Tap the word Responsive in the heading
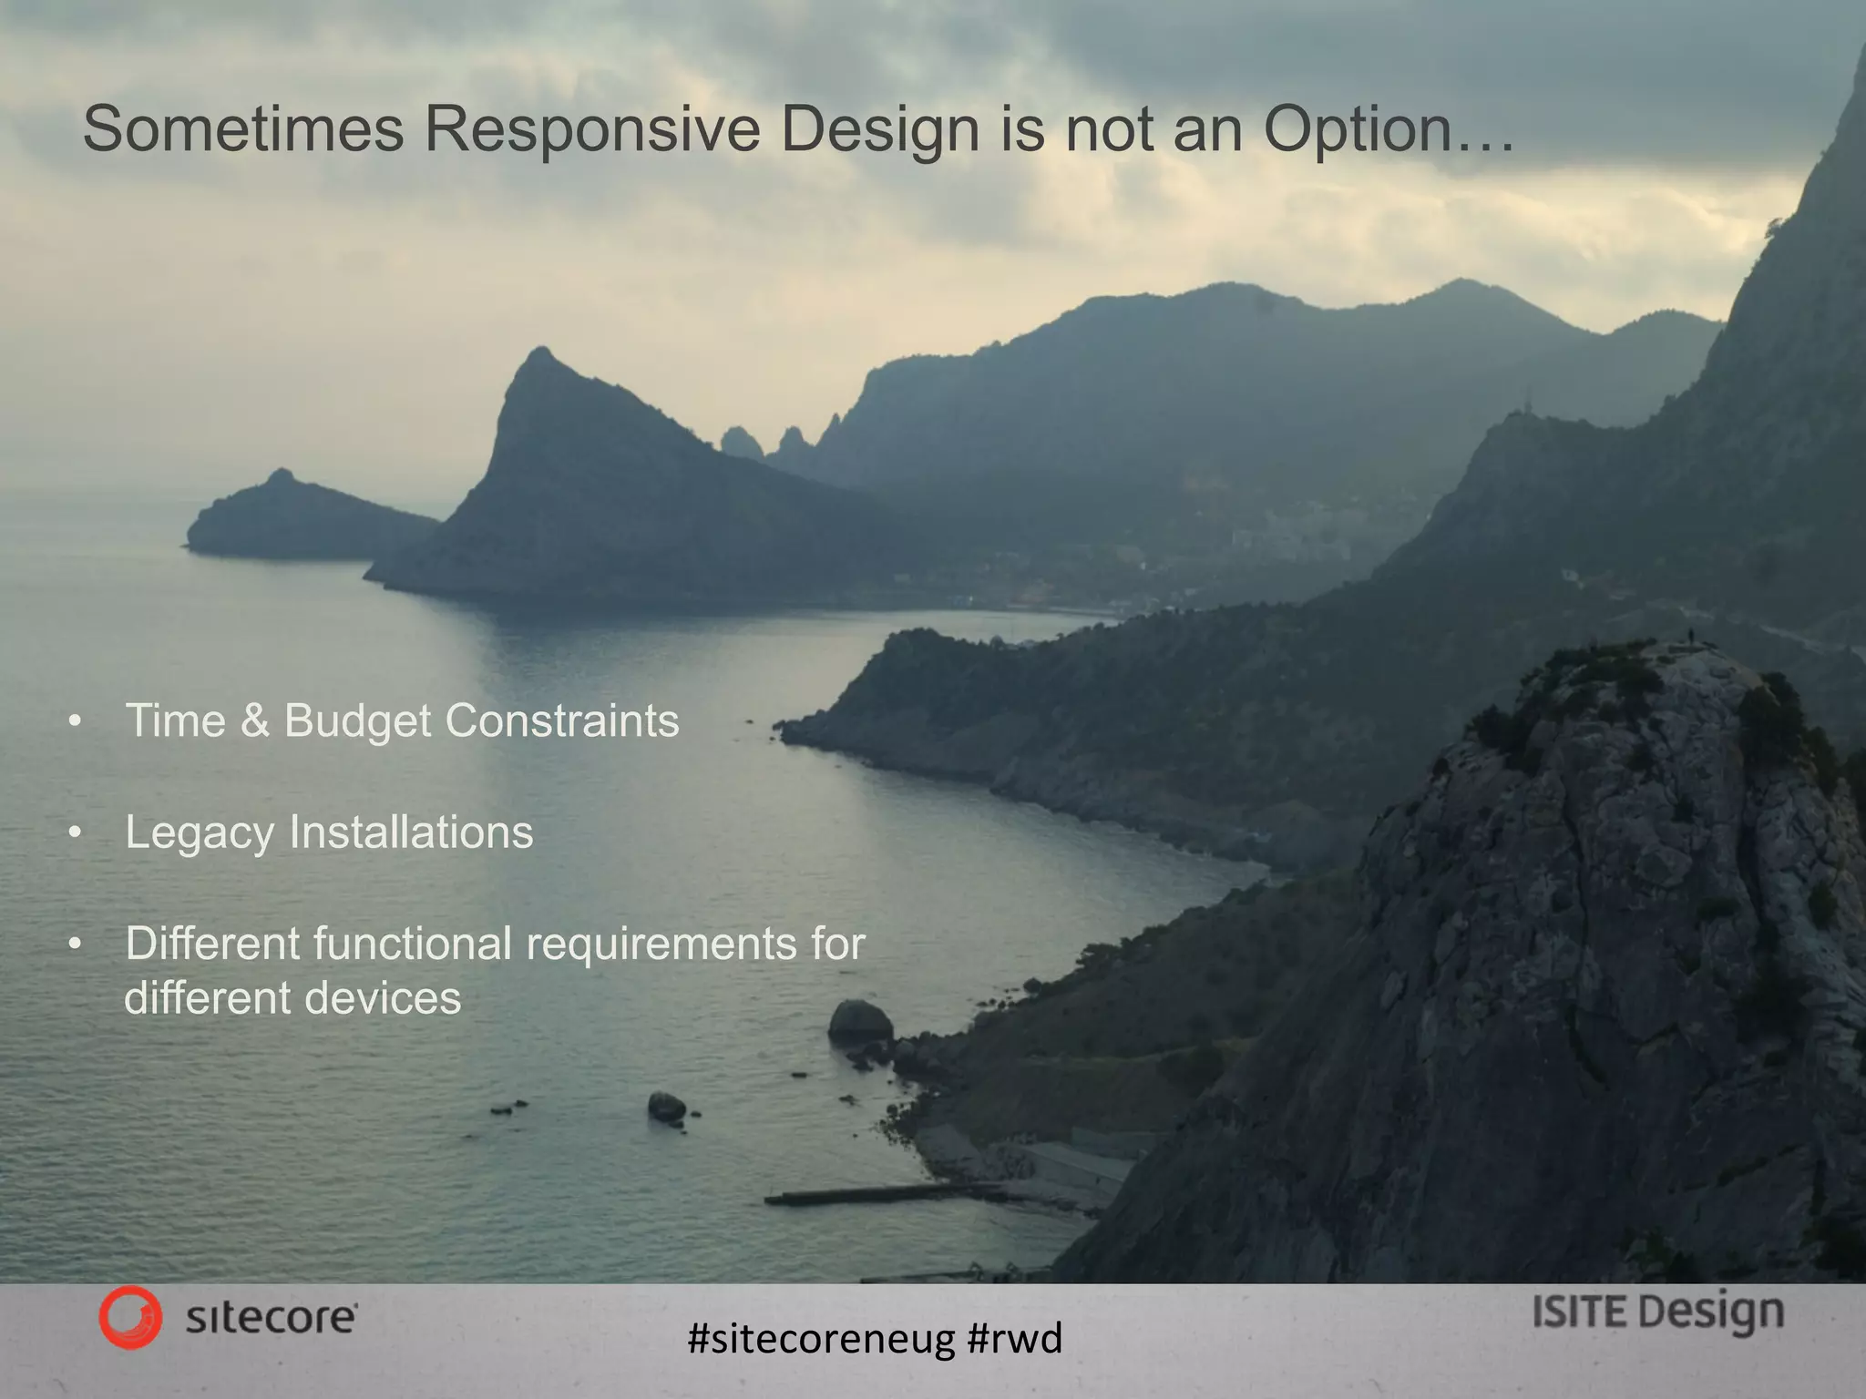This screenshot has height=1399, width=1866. (591, 129)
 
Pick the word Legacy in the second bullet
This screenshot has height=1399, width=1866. (200, 832)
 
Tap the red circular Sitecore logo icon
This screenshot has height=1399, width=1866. (130, 1317)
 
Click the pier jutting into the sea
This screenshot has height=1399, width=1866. (856, 1194)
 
